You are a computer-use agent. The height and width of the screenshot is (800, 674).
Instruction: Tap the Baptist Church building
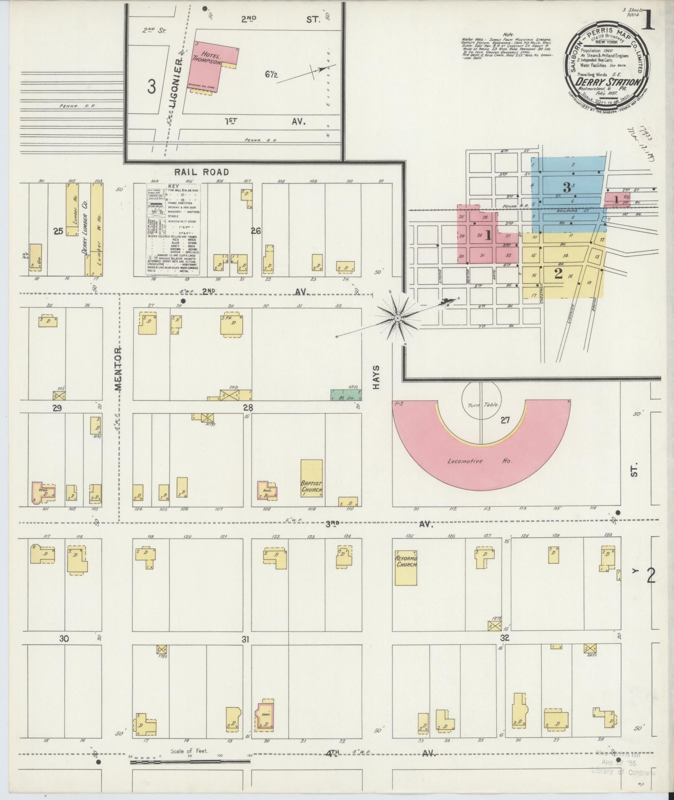click(x=312, y=479)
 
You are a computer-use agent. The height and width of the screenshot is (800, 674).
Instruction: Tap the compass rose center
click(x=397, y=319)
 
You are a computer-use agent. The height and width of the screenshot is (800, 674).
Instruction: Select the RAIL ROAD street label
click(x=201, y=172)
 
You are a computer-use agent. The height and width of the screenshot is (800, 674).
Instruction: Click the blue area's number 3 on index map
click(x=567, y=187)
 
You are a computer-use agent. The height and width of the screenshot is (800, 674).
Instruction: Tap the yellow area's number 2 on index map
click(x=558, y=274)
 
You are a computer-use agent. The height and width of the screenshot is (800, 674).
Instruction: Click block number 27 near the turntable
click(x=505, y=421)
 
